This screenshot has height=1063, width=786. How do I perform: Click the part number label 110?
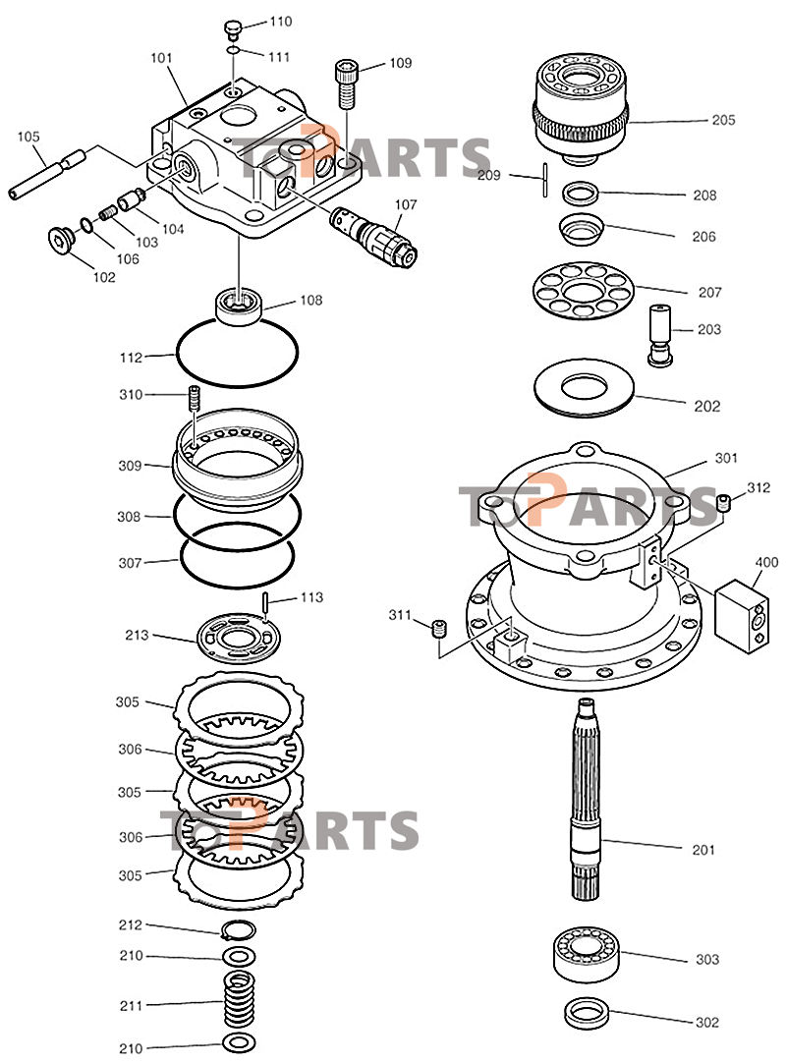280,21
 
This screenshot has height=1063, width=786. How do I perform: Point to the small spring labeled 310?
195,400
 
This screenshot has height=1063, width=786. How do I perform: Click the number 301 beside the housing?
726,458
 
